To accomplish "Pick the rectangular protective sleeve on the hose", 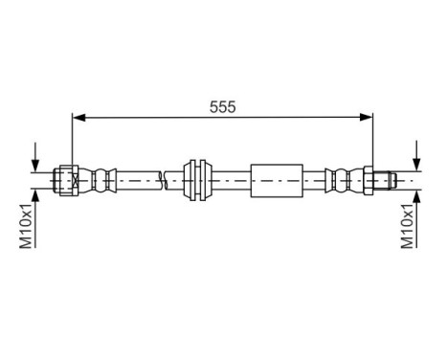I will pos(279,178).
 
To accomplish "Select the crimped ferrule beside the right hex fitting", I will pos(340,178).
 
